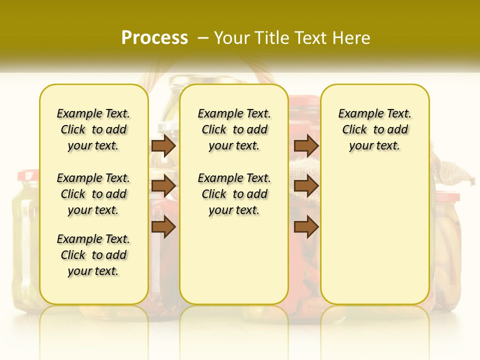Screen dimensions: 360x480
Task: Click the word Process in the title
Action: tap(154, 37)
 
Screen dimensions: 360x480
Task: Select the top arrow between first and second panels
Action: tap(163, 145)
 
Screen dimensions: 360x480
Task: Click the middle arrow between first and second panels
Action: tap(163, 186)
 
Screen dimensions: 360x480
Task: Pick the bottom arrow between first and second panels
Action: tap(163, 227)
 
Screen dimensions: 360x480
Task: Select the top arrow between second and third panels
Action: tap(306, 145)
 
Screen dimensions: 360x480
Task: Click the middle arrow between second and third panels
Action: tap(306, 186)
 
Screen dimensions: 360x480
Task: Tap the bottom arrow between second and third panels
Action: tap(306, 227)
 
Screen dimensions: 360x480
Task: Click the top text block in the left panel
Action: tap(93, 129)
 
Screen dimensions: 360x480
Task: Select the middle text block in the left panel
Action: tap(93, 194)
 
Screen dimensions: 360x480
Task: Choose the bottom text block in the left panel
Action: tap(93, 255)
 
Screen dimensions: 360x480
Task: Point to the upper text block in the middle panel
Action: tap(234, 129)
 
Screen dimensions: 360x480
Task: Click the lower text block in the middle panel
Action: tap(234, 194)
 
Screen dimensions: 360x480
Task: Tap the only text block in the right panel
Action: tap(374, 129)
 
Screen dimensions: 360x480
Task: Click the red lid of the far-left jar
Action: tap(27, 175)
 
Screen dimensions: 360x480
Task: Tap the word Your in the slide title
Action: tap(232, 38)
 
